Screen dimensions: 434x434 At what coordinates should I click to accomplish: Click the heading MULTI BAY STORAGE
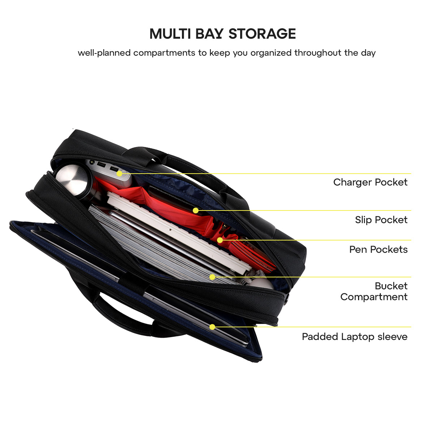click(222, 34)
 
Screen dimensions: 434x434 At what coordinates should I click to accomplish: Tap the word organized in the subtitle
click(271, 53)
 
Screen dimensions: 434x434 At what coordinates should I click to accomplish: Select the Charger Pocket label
click(370, 182)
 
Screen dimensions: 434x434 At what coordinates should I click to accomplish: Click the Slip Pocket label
click(381, 220)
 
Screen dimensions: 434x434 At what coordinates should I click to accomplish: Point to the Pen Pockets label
click(378, 249)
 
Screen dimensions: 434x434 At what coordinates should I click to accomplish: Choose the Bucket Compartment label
click(374, 291)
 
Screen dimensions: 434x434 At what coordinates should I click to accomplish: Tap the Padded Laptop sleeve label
click(354, 337)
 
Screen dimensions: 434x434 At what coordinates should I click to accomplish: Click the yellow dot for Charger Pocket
click(119, 174)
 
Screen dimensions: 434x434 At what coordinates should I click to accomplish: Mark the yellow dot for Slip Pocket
click(196, 210)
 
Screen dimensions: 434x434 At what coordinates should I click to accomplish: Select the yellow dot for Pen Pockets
click(220, 240)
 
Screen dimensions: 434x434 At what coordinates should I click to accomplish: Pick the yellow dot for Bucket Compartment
click(213, 277)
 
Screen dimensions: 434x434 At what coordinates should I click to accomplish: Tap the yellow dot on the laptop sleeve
click(212, 327)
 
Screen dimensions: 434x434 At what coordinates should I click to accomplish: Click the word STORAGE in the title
click(262, 34)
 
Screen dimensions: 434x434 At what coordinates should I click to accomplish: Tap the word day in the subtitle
click(368, 53)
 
